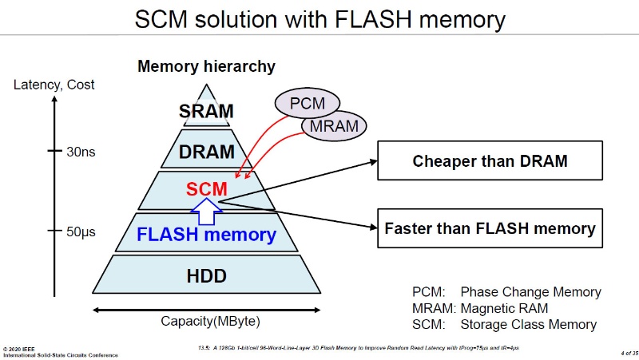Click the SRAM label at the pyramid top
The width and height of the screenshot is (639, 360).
(206, 111)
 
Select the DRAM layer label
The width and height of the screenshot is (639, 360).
(206, 151)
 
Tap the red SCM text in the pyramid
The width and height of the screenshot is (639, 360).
(207, 189)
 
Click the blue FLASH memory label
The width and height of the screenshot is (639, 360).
(206, 235)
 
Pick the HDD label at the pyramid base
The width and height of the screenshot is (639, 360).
(207, 276)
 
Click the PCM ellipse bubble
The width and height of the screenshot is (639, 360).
(308, 103)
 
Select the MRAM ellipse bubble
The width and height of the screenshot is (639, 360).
(335, 125)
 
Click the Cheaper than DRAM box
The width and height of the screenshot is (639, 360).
(490, 161)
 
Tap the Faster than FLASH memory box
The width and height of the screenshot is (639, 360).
(490, 228)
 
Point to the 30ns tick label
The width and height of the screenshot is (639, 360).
(80, 152)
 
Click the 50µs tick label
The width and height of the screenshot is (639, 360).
(81, 232)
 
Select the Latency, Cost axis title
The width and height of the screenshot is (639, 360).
(54, 85)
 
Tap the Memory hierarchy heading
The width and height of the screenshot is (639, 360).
(206, 66)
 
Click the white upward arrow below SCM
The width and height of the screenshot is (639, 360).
(206, 211)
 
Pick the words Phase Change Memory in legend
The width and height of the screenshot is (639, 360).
(530, 292)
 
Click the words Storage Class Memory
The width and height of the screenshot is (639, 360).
(528, 324)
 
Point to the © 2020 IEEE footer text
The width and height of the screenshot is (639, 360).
(21, 348)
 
